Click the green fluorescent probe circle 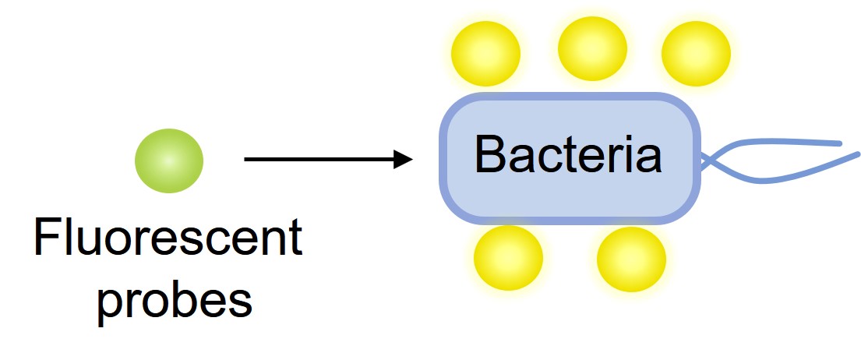[x=169, y=161]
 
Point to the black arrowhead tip [x=411, y=161]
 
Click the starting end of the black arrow [x=246, y=161]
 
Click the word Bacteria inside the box [x=568, y=155]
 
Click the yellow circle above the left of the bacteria [x=486, y=53]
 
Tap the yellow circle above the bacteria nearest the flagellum [x=696, y=53]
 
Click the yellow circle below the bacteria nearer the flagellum [x=631, y=259]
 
